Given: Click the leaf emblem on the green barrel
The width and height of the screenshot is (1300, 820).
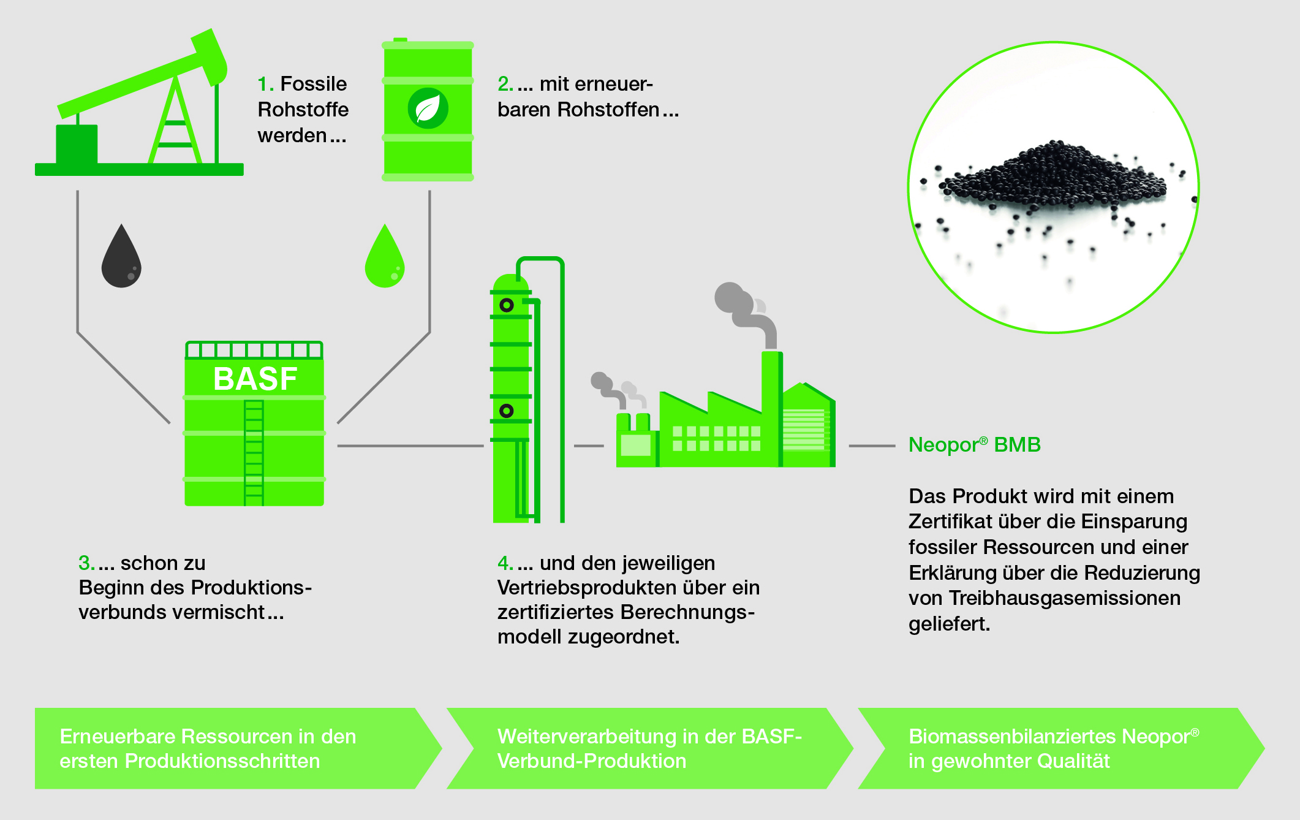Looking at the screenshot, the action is click(x=428, y=108).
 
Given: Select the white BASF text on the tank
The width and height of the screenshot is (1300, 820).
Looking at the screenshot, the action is click(x=255, y=379).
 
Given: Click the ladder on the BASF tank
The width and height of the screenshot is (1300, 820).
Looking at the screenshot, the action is click(x=254, y=453).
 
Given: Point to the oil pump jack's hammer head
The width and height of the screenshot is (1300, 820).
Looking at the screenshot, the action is click(x=210, y=57).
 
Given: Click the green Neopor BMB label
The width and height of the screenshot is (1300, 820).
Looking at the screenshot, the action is click(x=975, y=445).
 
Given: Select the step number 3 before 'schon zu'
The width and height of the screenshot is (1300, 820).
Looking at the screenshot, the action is click(x=86, y=563).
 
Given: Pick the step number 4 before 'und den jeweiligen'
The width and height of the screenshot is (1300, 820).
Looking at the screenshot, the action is click(x=505, y=563).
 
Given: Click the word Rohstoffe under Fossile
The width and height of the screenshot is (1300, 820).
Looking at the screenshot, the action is click(x=303, y=110).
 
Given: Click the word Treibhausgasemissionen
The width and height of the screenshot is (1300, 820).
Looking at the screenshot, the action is click(x=1065, y=598).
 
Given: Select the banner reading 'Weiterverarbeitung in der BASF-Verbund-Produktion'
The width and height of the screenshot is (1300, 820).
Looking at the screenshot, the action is click(x=650, y=748).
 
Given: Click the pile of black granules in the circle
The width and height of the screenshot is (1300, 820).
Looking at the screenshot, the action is click(x=1054, y=175).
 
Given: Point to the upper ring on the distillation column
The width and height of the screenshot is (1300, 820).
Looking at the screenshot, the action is click(x=507, y=305).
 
